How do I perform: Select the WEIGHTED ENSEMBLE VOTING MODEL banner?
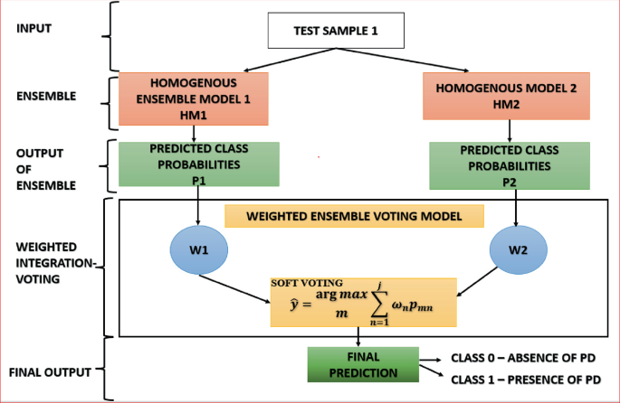pos(354,216)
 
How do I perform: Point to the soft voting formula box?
pos(362,302)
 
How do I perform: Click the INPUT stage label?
pos(35,28)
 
